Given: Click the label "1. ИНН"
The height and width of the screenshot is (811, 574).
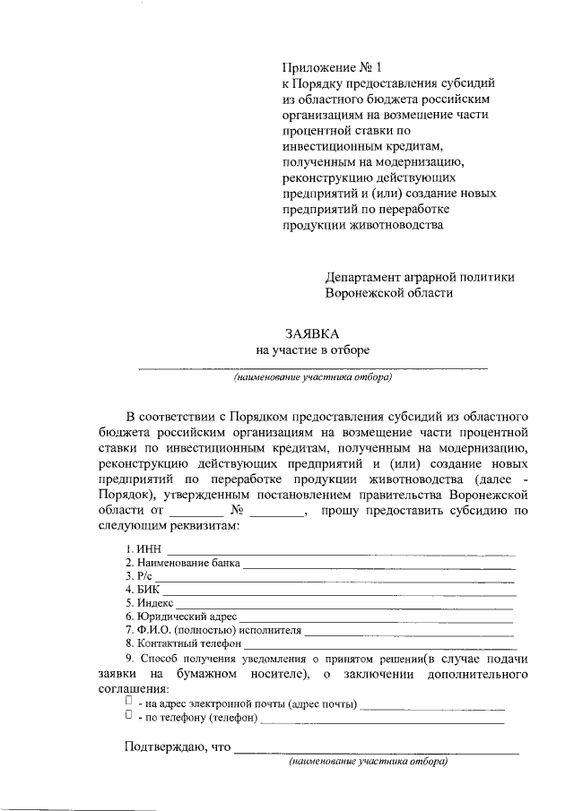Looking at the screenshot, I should click(143, 548).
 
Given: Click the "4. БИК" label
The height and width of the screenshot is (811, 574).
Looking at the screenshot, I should click(142, 590).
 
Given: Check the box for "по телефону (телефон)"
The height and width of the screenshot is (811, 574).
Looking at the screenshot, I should click(129, 716).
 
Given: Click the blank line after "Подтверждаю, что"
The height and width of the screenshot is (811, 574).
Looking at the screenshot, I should click(376, 750).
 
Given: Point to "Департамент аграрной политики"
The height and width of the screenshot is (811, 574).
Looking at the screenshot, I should click(419, 277).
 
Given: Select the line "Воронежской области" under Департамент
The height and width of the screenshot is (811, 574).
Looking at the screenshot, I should click(388, 292).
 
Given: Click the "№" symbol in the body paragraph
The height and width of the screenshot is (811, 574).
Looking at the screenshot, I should click(239, 511).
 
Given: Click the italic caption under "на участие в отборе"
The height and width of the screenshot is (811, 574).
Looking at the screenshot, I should click(313, 378).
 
